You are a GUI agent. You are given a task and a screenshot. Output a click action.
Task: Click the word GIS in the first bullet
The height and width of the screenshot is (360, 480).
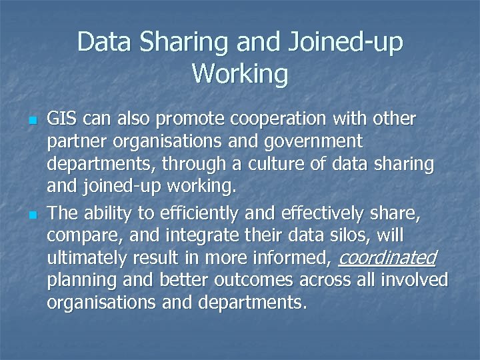pos(62,119)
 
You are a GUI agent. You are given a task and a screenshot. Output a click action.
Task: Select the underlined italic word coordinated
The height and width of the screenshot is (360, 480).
pos(388,257)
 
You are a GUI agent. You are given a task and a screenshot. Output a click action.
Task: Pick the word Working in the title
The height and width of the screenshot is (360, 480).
pos(240,74)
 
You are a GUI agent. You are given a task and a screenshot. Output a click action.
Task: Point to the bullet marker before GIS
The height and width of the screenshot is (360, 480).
pos(31,121)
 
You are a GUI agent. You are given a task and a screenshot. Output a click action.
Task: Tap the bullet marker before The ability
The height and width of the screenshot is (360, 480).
pos(31,214)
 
